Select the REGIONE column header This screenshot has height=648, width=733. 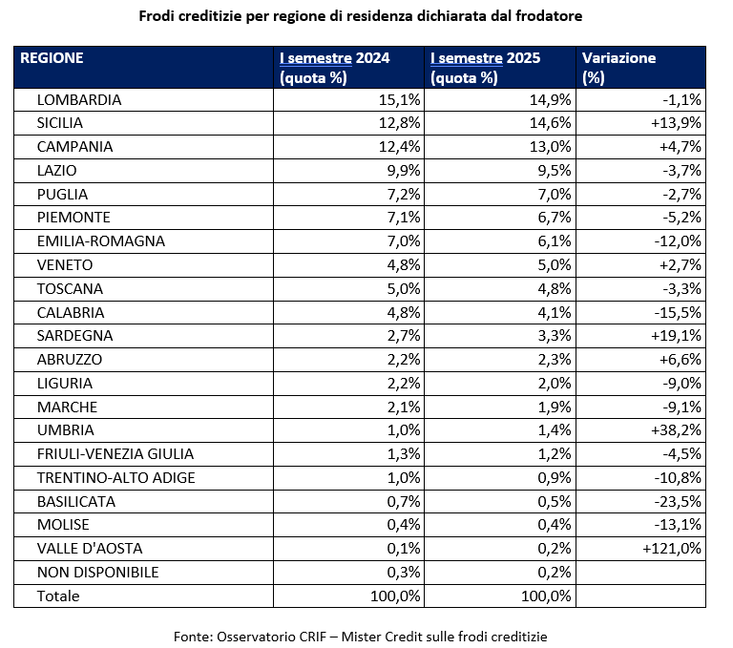click(x=52, y=58)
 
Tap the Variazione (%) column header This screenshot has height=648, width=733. click(x=618, y=67)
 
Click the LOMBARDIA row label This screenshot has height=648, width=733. click(x=78, y=99)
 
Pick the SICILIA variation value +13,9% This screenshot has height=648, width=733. click(x=678, y=123)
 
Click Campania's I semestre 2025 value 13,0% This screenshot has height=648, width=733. click(x=551, y=147)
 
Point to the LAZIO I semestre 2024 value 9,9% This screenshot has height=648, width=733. click(x=401, y=171)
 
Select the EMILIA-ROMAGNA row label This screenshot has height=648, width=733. click(x=100, y=241)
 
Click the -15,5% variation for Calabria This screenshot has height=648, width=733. click(x=677, y=312)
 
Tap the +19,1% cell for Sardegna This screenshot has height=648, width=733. click(x=677, y=336)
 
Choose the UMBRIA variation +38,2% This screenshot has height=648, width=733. click(x=677, y=430)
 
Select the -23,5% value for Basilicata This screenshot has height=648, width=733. click(x=677, y=502)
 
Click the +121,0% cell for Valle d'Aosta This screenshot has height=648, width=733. click(x=673, y=549)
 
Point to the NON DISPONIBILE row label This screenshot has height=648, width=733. click(x=97, y=573)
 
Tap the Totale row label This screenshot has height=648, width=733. click(x=58, y=596)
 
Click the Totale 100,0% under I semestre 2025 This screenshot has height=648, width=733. click(x=544, y=596)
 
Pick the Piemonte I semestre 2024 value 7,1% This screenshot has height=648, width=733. click(x=401, y=218)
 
